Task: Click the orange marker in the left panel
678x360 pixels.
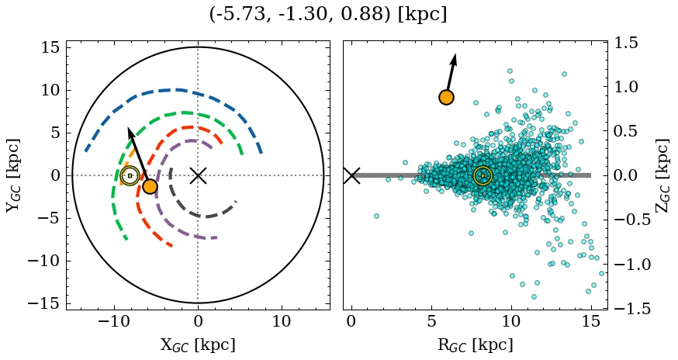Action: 150,186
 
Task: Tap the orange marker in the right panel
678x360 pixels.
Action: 446,97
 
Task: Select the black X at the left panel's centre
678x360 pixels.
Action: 198,175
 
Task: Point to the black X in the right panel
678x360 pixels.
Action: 351,175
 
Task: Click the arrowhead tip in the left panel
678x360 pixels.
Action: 129,126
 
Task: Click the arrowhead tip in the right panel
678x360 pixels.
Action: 455,54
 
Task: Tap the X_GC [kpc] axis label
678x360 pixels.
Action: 198,345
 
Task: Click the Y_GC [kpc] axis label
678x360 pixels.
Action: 13,175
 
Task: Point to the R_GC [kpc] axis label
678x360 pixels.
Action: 476,345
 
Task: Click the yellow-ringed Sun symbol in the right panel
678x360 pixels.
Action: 483,176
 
